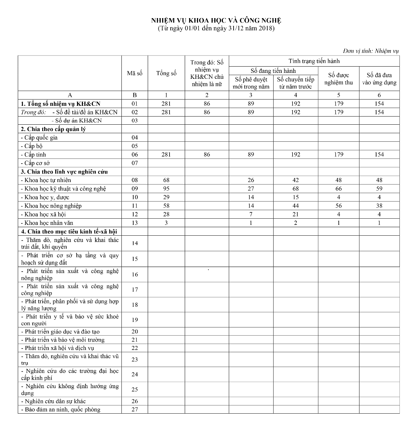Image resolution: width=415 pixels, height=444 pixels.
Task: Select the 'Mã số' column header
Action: [x=134, y=73]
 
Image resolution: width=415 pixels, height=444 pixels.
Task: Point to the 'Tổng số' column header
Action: [x=166, y=73]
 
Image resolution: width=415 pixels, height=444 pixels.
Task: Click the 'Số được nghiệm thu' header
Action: [x=338, y=79]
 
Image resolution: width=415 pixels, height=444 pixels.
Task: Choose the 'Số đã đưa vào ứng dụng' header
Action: [x=379, y=79]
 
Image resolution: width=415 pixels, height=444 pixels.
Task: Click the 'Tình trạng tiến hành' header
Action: [x=314, y=61]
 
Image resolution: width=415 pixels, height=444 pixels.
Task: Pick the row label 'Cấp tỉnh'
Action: [x=35, y=155]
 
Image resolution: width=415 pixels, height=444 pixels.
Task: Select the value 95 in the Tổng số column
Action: [x=166, y=189]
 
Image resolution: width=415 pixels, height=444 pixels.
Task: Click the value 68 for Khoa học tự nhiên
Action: [x=166, y=180]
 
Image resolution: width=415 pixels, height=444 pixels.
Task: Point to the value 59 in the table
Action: [x=379, y=189]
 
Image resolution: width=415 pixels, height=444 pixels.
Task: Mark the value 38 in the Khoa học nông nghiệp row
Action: [x=379, y=206]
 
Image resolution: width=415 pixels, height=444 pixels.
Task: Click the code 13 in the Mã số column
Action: [x=134, y=223]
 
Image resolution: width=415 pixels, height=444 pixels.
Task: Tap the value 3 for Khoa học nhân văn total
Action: [x=166, y=223]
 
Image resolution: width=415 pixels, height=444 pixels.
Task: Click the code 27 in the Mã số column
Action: [x=134, y=410]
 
